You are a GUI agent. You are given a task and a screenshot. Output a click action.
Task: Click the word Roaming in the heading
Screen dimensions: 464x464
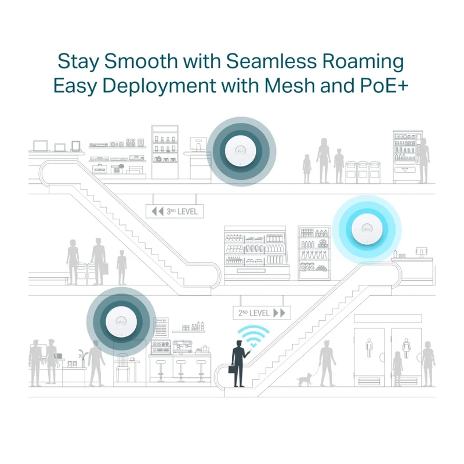click(363, 62)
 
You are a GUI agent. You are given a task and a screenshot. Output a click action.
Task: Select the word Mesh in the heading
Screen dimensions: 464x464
click(289, 85)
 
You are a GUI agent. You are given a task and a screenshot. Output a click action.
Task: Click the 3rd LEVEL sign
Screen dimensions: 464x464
click(175, 211)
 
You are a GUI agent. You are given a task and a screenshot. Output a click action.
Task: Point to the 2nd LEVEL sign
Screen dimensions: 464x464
click(262, 313)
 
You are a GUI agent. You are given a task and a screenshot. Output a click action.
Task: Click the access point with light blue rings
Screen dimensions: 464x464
click(367, 229)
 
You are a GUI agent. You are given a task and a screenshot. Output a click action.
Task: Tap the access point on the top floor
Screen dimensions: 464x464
click(241, 151)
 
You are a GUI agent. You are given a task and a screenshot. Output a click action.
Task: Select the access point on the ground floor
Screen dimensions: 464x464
click(121, 322)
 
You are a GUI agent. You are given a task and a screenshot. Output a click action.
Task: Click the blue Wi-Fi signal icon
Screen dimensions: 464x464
click(253, 336)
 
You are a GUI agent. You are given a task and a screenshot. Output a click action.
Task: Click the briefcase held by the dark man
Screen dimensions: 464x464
click(233, 370)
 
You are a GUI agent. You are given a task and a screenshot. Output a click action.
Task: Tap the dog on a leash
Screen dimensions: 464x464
click(304, 379)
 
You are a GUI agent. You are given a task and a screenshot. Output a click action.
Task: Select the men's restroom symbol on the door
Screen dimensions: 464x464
click(369, 347)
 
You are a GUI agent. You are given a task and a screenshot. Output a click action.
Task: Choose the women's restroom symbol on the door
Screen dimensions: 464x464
click(407, 348)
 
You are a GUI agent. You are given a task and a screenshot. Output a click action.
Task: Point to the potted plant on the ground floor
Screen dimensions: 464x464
click(83, 358)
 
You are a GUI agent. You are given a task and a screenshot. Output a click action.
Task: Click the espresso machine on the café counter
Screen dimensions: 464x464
click(182, 347)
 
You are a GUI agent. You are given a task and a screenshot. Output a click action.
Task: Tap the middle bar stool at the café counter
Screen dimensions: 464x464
click(181, 371)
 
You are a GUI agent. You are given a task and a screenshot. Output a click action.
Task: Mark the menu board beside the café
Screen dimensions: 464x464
click(161, 328)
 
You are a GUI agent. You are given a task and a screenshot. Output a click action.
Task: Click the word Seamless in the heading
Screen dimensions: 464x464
click(271, 62)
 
